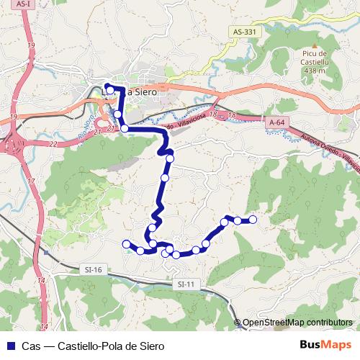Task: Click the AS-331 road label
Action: [245, 32]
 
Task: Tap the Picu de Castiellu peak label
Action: [315, 58]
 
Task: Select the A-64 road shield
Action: [274, 123]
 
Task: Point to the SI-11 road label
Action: [186, 284]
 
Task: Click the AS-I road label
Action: [23, 4]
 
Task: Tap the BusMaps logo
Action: [326, 346]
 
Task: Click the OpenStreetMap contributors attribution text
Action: [297, 323]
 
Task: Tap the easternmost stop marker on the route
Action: [253, 220]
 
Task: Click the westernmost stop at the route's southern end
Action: [127, 244]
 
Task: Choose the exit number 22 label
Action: [54, 143]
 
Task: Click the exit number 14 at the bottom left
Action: [42, 279]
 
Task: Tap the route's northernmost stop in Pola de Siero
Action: [107, 87]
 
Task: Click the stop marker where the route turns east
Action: [125, 128]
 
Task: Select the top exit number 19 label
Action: [31, 46]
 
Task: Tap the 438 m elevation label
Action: [315, 71]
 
